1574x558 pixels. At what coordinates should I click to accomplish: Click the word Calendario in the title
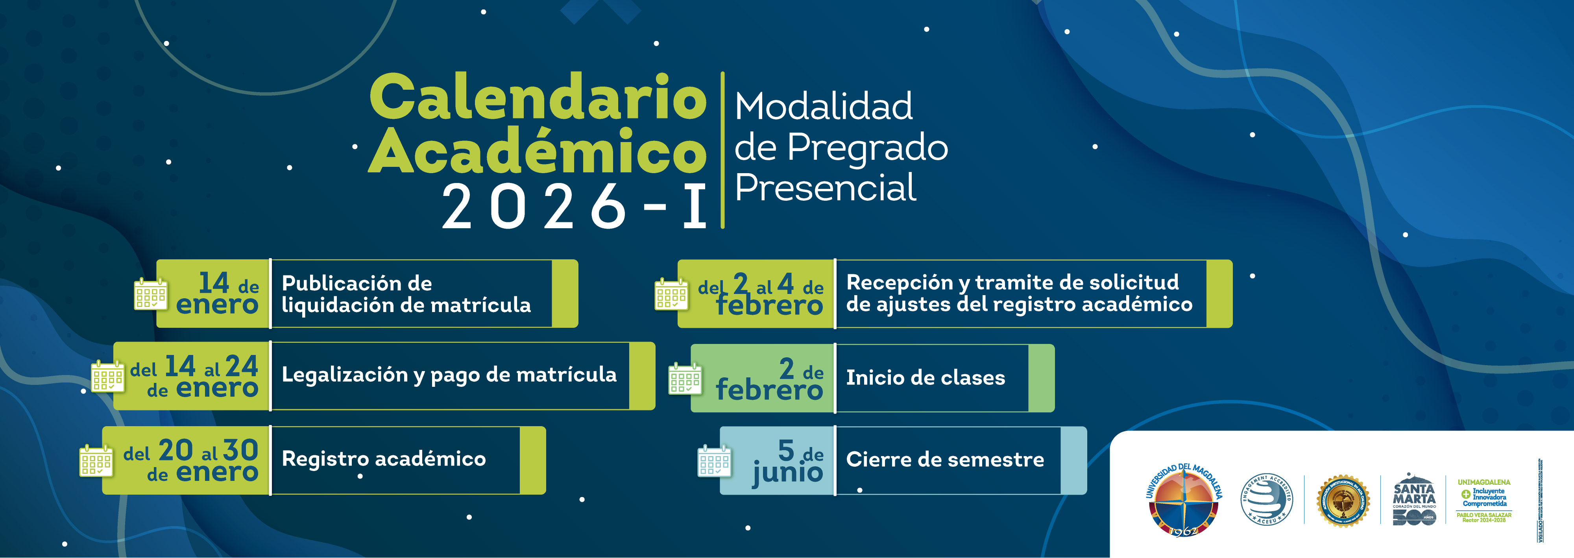538,98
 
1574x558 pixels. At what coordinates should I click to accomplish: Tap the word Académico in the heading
538,152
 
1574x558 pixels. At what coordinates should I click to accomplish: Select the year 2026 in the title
535,207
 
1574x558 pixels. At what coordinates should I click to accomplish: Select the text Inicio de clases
925,378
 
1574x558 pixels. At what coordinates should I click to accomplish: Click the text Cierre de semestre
945,460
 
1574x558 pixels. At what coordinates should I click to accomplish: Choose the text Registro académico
384,459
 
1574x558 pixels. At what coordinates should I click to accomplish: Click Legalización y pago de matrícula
449,375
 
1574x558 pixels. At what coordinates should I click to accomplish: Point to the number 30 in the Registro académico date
240,451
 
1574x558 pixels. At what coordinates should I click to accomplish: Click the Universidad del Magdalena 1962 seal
1184,500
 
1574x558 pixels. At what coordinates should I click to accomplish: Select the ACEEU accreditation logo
1266,500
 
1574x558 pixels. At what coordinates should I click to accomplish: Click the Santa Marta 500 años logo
1414,500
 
